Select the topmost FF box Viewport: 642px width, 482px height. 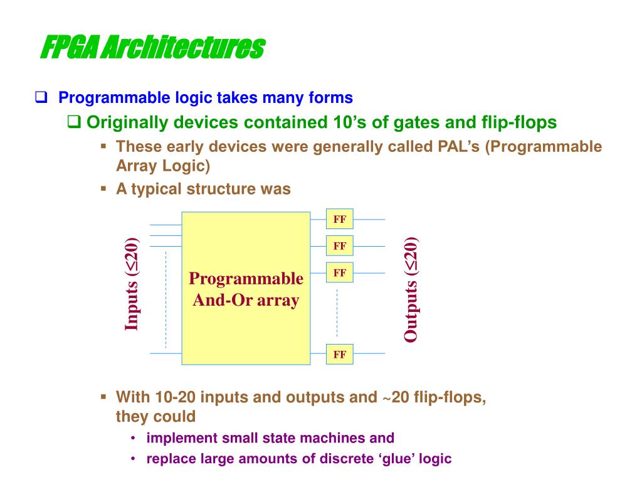pyautogui.click(x=340, y=219)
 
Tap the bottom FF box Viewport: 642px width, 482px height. pyautogui.click(x=340, y=354)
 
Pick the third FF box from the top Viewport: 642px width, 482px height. pyautogui.click(x=340, y=273)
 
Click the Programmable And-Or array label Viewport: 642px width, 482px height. pyautogui.click(x=246, y=289)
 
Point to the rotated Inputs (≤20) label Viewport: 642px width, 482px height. pyautogui.click(x=132, y=284)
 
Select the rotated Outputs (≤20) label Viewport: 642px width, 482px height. pyautogui.click(x=411, y=289)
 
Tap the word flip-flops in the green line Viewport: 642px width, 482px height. pyautogui.click(x=518, y=122)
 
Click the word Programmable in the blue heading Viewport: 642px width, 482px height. pyautogui.click(x=105, y=98)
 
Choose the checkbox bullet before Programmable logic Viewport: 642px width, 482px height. pyautogui.click(x=41, y=98)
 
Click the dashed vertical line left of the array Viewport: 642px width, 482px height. pyautogui.click(x=166, y=298)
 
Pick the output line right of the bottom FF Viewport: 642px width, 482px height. pyautogui.click(x=369, y=354)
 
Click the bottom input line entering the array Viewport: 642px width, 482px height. pyautogui.click(x=166, y=354)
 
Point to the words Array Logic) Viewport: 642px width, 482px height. pyautogui.click(x=163, y=166)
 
